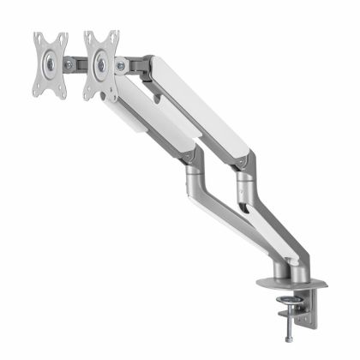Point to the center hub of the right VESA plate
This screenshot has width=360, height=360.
(102, 63)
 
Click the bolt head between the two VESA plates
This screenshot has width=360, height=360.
(71, 63)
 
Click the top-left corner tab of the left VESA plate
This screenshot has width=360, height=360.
(38, 38)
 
